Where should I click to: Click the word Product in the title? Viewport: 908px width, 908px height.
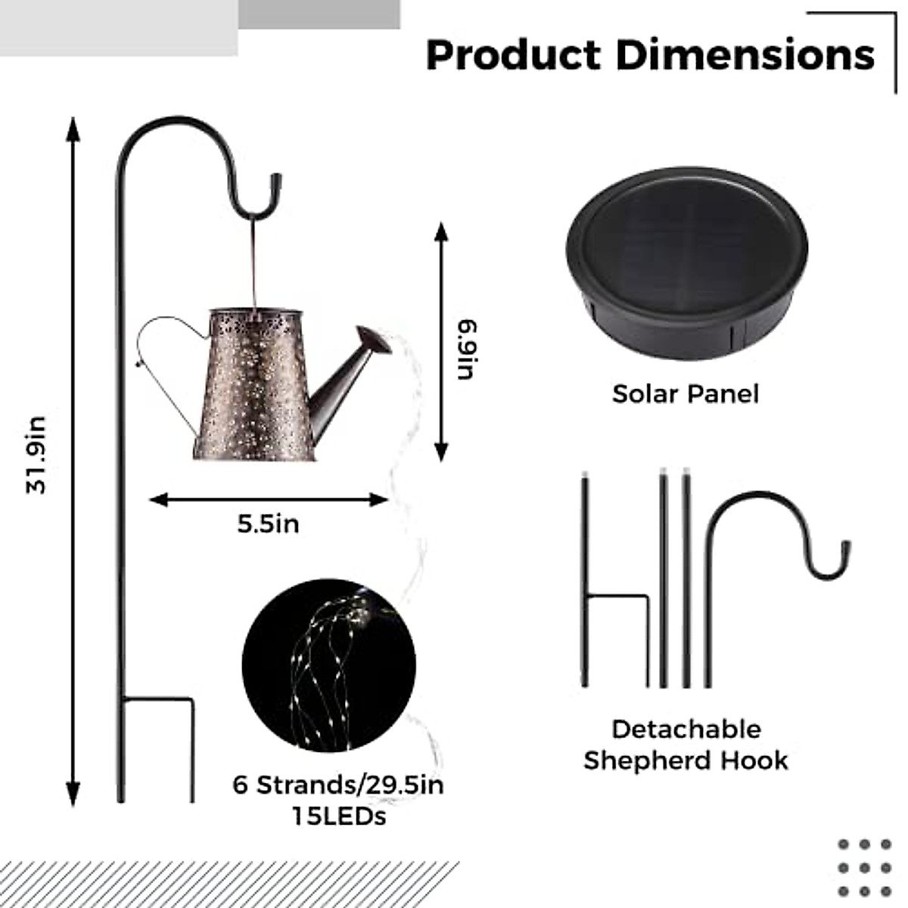click(x=514, y=55)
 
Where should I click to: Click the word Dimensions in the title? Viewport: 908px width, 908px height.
click(x=745, y=55)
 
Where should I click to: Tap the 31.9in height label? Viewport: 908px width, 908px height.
click(x=36, y=456)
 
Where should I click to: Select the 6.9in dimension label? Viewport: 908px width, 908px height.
click(x=467, y=350)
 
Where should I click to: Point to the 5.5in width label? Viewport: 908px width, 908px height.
click(x=268, y=524)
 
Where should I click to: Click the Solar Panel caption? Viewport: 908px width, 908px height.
click(x=686, y=394)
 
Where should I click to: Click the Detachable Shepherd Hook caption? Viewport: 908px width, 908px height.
click(x=686, y=745)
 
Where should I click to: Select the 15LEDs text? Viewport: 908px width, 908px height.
click(x=339, y=816)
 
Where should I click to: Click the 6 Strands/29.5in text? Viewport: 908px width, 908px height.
click(x=338, y=785)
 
